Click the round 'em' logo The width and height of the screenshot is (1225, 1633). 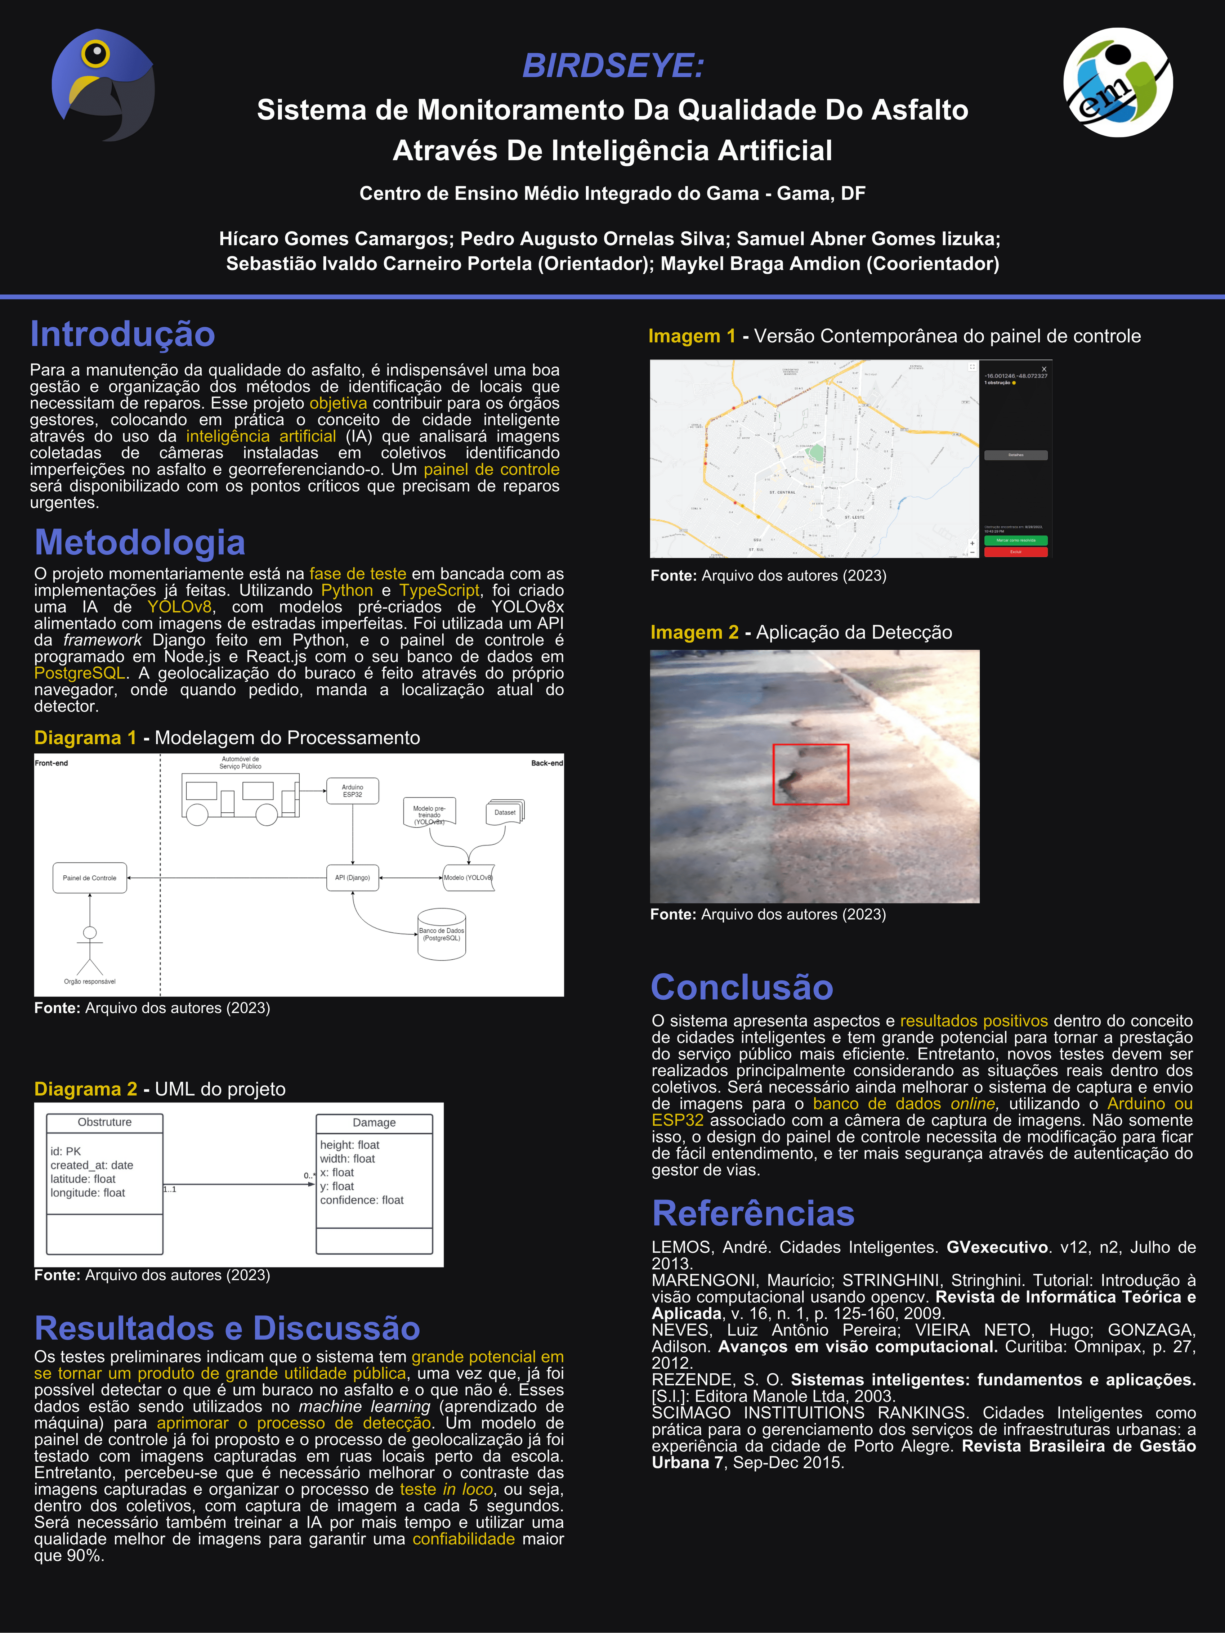pos(1117,83)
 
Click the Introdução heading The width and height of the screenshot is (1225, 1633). pos(122,335)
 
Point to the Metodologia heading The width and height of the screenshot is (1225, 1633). pos(139,543)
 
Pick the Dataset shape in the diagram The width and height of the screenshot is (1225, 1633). pos(505,812)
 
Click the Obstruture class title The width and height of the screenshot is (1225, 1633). pos(105,1122)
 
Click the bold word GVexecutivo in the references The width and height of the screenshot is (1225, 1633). pos(997,1247)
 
